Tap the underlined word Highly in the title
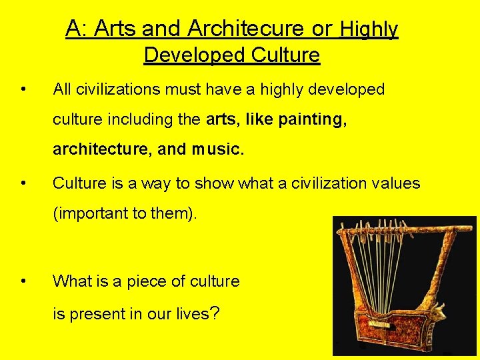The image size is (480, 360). (x=369, y=29)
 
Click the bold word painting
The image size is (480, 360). (x=312, y=119)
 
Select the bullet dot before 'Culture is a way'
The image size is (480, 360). (x=23, y=183)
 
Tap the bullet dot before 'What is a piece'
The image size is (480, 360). (x=23, y=281)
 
